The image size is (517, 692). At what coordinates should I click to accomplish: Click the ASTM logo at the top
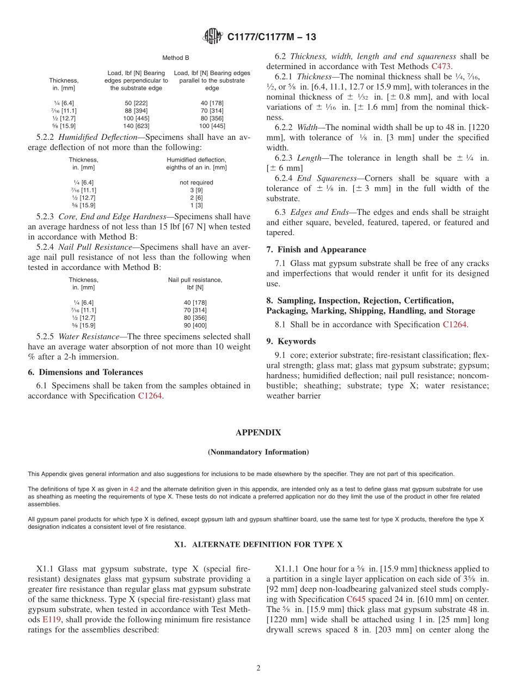[212, 36]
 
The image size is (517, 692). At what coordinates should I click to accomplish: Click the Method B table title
[175, 57]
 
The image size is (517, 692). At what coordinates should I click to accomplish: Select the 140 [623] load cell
[136, 126]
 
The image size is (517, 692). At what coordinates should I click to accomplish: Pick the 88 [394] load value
[136, 110]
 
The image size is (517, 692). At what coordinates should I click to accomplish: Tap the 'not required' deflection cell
[196, 182]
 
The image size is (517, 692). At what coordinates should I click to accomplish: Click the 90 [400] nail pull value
[195, 325]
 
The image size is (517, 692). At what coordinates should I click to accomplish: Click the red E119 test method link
[52, 620]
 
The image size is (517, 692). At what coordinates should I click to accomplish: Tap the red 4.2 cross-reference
[133, 489]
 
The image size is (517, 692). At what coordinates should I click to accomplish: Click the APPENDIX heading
[258, 432]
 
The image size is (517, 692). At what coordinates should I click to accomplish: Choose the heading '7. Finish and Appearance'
[316, 250]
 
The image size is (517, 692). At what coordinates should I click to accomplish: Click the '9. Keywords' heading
[291, 341]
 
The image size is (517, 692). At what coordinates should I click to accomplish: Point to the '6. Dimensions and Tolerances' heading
[85, 372]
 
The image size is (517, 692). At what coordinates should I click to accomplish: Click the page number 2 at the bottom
[258, 668]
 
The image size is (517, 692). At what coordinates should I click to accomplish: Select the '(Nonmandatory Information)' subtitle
[258, 452]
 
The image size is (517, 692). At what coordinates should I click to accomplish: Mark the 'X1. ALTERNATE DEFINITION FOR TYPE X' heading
[258, 545]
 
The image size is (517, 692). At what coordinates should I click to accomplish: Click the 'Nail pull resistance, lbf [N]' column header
[195, 283]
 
